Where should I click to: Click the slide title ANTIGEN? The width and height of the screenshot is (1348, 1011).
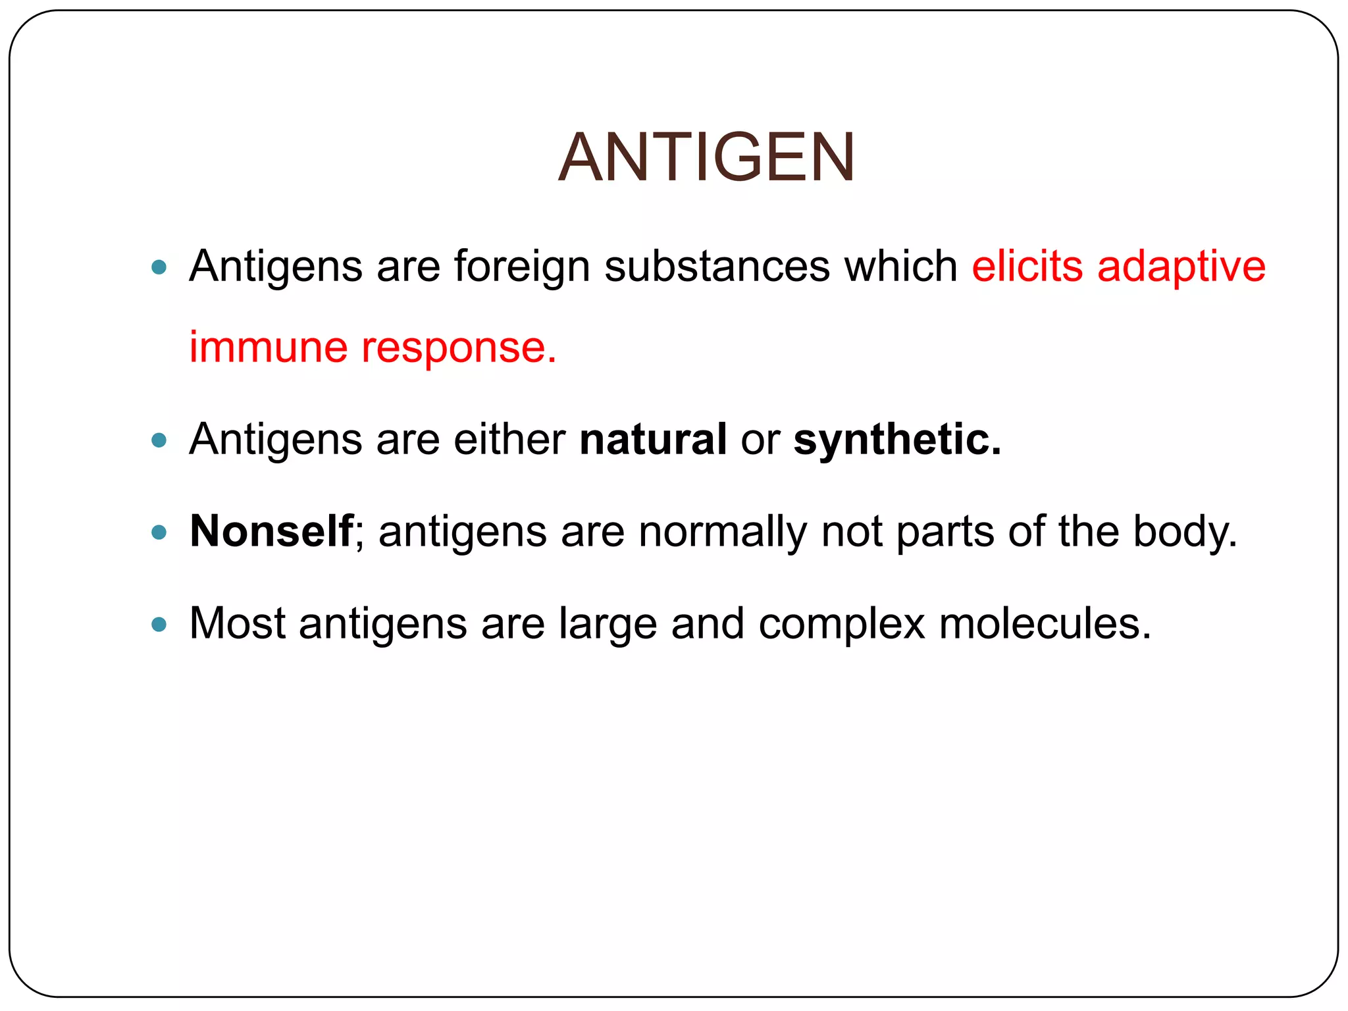[x=706, y=158]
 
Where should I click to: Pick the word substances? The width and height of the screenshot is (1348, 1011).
[x=717, y=267]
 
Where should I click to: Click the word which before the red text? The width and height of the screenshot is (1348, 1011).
[x=901, y=267]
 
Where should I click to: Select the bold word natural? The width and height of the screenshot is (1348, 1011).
[x=653, y=439]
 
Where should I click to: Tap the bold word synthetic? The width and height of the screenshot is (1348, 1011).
[x=897, y=440]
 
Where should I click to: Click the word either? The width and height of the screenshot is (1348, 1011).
[x=509, y=439]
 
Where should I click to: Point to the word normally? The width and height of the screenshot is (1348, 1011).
[x=722, y=532]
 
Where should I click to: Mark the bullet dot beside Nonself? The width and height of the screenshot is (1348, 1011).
[x=159, y=532]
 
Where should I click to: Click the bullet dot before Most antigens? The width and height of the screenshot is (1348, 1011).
[x=159, y=624]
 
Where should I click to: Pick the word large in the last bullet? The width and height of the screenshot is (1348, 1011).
[x=608, y=624]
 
